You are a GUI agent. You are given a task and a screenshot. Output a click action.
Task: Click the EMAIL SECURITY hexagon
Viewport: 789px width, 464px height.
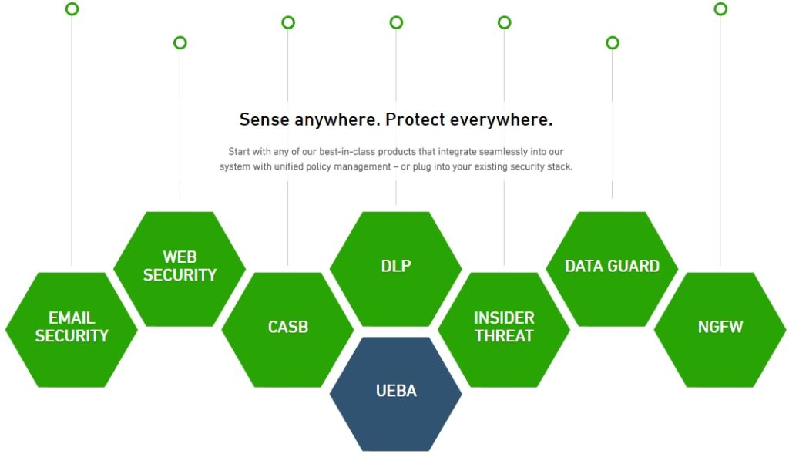[72, 328]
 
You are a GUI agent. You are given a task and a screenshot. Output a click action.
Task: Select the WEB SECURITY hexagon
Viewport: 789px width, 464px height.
[180, 267]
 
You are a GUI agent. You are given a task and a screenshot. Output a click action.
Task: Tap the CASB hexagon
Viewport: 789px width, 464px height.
[288, 328]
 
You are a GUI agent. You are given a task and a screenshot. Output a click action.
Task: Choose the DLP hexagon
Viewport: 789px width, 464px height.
[396, 267]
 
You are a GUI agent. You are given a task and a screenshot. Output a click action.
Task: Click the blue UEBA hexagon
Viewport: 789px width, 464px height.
[396, 392]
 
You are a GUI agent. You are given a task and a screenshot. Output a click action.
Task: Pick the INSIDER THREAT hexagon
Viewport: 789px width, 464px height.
[504, 328]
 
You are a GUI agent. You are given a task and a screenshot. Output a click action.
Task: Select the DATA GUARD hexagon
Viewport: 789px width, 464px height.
[612, 267]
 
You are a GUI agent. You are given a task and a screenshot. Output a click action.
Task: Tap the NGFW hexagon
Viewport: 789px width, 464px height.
[720, 328]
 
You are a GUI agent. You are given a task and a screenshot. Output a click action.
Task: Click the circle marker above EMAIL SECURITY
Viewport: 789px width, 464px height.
[72, 9]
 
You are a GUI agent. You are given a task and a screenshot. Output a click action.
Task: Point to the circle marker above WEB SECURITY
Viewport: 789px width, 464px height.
[180, 43]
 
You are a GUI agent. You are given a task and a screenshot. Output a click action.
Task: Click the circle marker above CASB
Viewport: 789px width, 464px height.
[288, 22]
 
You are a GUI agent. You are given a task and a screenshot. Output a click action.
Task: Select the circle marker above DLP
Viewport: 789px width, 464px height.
[396, 22]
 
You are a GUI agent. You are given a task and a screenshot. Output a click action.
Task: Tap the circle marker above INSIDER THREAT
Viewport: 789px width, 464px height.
[504, 22]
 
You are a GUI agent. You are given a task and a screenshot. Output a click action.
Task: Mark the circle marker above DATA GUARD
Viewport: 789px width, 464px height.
[612, 43]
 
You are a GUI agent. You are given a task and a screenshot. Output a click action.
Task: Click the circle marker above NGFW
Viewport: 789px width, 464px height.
[720, 9]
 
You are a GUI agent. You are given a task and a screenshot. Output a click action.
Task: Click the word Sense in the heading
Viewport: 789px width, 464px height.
[264, 120]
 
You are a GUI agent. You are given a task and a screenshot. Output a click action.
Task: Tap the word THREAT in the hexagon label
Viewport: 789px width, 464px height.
[504, 337]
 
